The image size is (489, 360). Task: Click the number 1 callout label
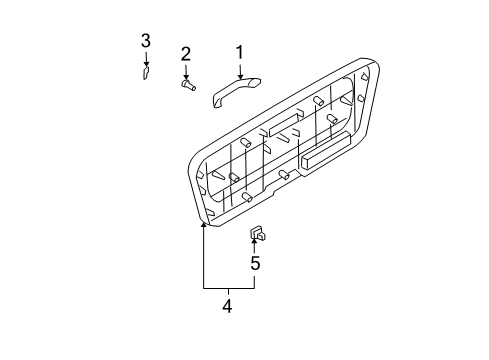click(x=239, y=52)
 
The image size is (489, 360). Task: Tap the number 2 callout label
click(x=185, y=53)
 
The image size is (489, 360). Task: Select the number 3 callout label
click(x=145, y=40)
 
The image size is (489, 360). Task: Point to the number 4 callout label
click(x=227, y=308)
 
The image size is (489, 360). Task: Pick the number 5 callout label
click(x=255, y=264)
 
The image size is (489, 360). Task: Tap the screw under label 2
click(x=187, y=86)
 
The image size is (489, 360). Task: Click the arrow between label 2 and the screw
click(x=186, y=70)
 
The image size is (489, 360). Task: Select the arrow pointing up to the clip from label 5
click(x=255, y=248)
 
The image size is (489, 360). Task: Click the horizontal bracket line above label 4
click(x=228, y=287)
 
